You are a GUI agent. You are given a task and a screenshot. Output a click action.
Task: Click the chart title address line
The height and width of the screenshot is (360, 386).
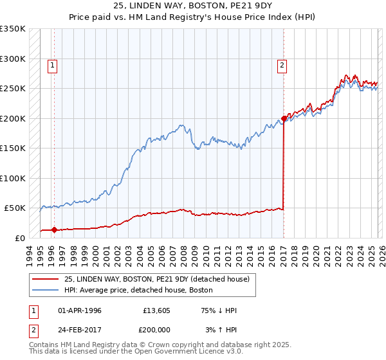(192, 6)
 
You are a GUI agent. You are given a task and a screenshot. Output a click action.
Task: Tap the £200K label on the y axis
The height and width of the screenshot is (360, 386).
(12, 118)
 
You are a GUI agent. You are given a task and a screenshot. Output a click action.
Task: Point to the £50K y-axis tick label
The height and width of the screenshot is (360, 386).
(14, 208)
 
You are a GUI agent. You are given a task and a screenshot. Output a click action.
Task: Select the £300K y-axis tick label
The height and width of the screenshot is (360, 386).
(12, 59)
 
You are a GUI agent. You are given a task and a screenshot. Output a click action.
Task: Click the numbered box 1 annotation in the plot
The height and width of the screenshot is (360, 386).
(52, 64)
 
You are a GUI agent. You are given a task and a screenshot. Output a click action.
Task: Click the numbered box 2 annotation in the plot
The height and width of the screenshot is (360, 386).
(282, 64)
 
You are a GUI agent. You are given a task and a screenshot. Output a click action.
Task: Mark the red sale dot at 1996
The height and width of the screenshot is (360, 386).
(54, 230)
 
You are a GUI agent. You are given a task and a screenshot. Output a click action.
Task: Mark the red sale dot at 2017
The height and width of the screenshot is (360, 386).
(284, 119)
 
